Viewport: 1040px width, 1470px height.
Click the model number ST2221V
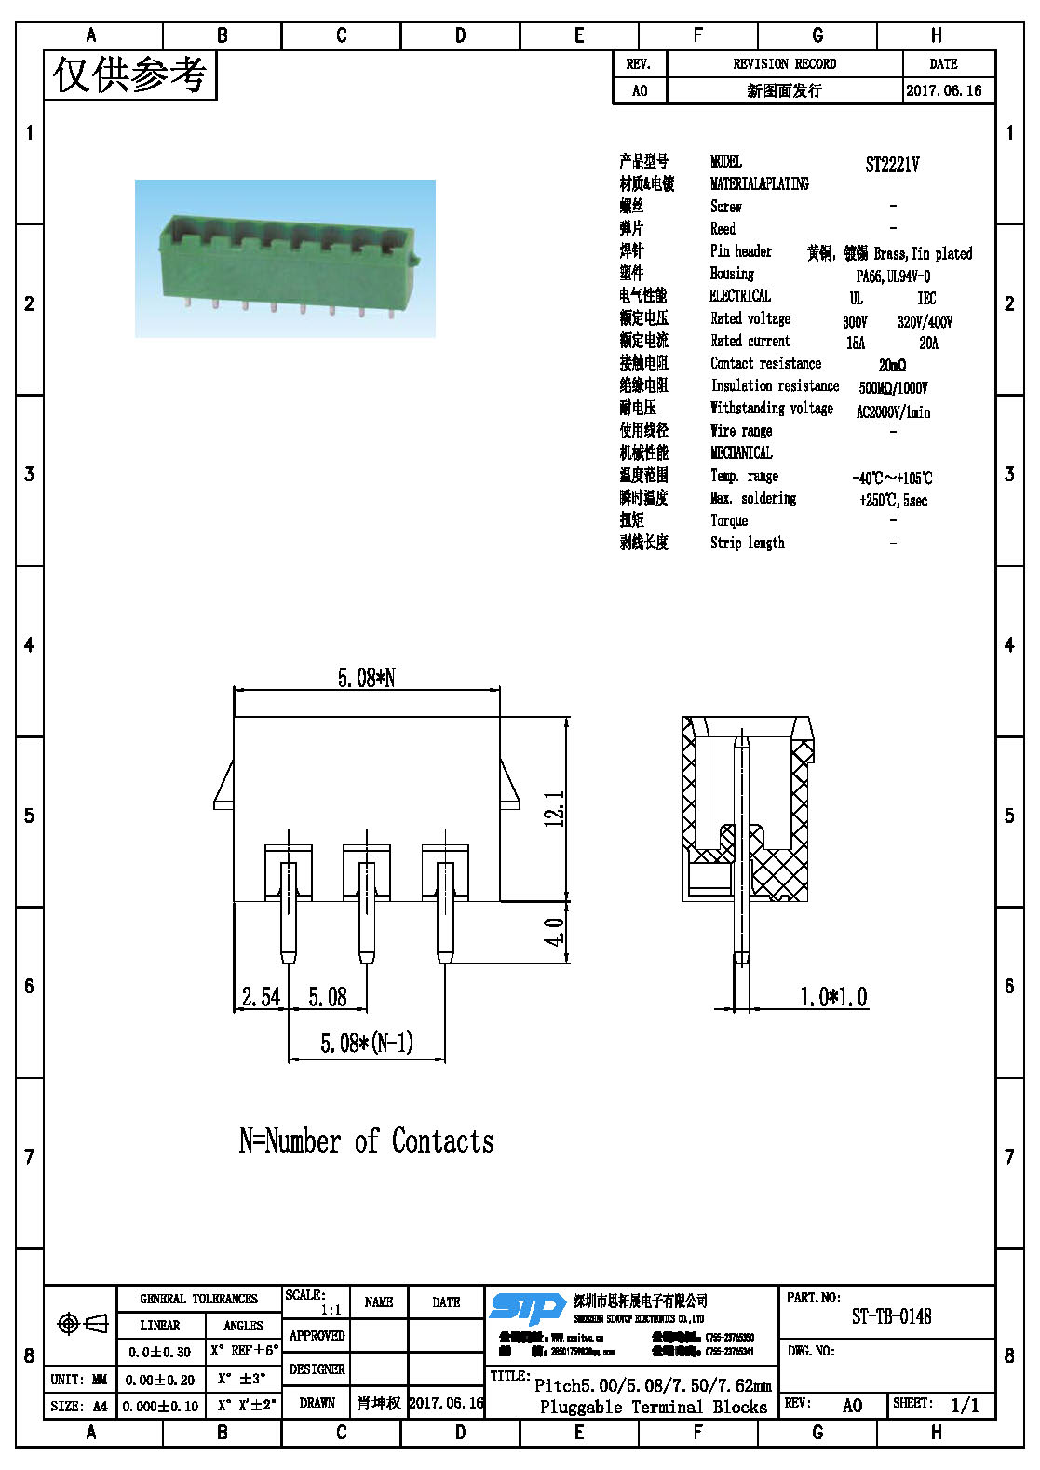click(891, 165)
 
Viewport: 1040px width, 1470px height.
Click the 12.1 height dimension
click(554, 808)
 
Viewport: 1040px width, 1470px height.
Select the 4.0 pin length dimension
click(554, 932)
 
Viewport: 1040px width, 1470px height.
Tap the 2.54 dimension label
click(261, 997)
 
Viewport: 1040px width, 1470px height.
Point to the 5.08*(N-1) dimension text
click(367, 1043)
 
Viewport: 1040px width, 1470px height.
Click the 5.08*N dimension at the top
click(366, 678)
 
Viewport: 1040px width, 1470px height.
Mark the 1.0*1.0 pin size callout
click(833, 997)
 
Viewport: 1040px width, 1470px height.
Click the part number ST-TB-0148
click(891, 1316)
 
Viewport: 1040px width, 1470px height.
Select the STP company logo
click(527, 1307)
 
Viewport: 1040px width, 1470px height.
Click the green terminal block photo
click(285, 258)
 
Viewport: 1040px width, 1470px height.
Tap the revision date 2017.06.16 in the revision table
click(943, 90)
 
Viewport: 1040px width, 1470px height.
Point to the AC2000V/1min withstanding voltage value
click(892, 411)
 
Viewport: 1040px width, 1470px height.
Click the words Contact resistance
click(765, 363)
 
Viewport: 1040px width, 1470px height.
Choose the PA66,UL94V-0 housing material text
click(892, 276)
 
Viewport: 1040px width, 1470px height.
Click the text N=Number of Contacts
click(366, 1140)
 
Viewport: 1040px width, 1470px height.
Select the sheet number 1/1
click(965, 1405)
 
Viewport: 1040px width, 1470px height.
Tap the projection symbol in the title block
click(81, 1323)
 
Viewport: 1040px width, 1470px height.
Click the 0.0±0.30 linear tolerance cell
click(159, 1352)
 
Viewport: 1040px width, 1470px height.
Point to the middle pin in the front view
click(367, 912)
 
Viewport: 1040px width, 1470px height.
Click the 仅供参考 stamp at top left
click(129, 74)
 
